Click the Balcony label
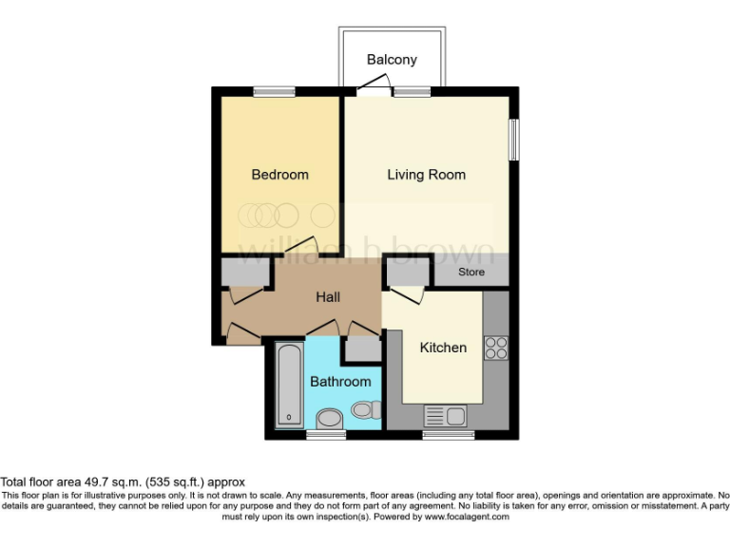(x=392, y=60)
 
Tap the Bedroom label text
(x=279, y=175)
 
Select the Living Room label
(x=426, y=175)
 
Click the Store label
(x=471, y=273)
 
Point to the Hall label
(x=328, y=297)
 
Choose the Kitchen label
(x=443, y=348)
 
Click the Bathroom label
(x=340, y=382)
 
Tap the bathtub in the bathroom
(x=288, y=386)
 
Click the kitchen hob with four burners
(x=496, y=349)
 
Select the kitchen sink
(x=443, y=414)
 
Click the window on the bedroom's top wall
(x=275, y=92)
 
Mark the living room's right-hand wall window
(x=514, y=140)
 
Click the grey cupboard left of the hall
(x=245, y=273)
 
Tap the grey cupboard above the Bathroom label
(x=361, y=349)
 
